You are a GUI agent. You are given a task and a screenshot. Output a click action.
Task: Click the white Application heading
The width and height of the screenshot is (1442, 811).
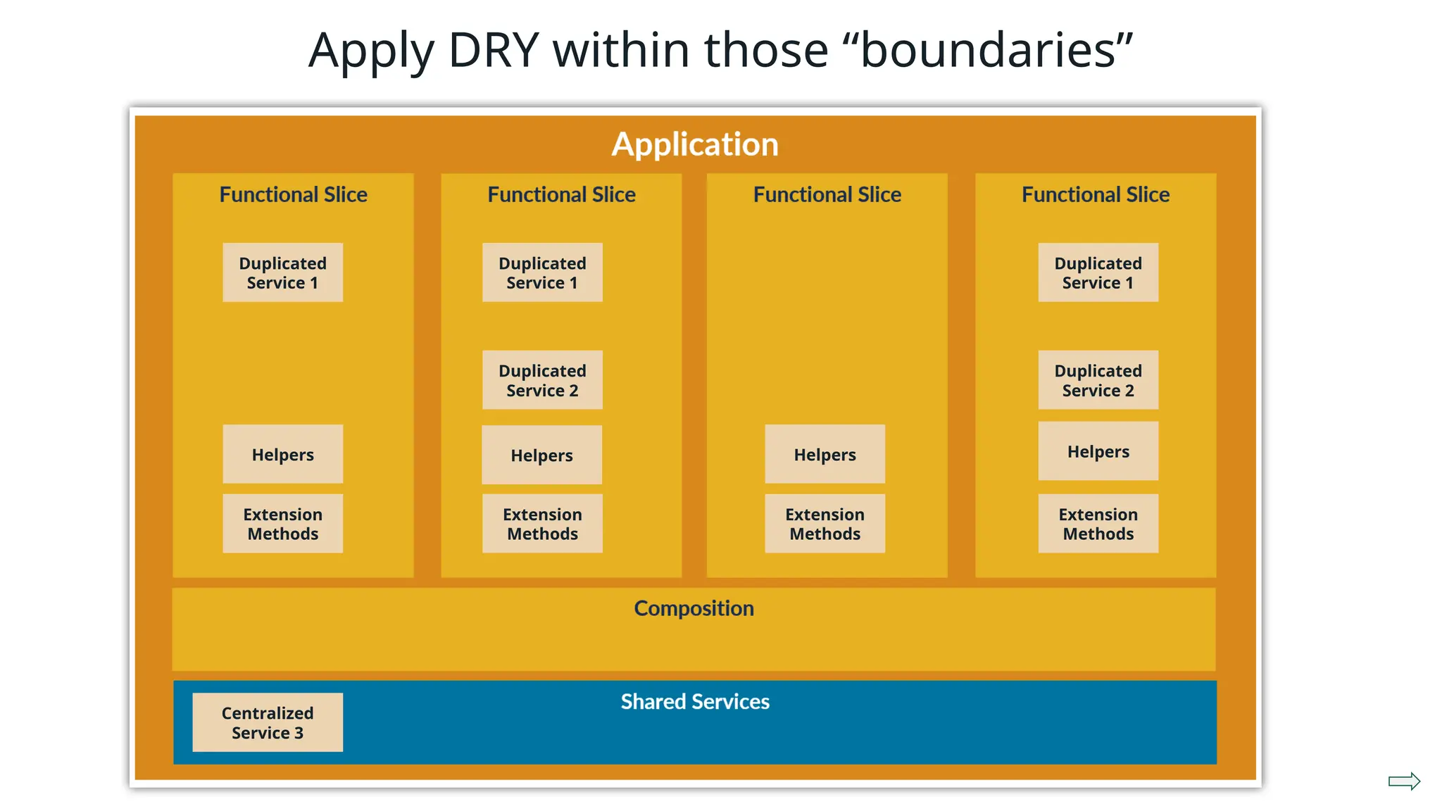click(x=695, y=144)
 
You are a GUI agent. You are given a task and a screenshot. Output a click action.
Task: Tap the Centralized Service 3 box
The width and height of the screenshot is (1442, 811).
click(x=268, y=722)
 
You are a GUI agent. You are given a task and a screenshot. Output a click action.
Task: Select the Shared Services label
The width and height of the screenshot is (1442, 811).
click(x=695, y=702)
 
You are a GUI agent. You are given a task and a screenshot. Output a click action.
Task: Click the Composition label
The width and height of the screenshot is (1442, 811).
click(x=694, y=608)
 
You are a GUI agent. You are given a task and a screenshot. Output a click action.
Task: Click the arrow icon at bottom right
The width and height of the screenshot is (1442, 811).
click(x=1404, y=781)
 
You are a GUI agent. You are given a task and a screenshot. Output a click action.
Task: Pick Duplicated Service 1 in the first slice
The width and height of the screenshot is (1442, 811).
click(x=283, y=272)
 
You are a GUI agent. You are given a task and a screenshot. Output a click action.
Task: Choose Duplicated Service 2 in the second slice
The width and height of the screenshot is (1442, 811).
click(x=542, y=380)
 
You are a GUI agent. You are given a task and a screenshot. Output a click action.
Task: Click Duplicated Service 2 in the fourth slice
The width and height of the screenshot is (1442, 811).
click(x=1098, y=380)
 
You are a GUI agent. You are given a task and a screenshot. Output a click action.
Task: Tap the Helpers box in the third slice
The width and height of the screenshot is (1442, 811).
click(x=825, y=454)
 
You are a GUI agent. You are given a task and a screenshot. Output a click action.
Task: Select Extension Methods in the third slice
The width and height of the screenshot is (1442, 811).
click(x=825, y=524)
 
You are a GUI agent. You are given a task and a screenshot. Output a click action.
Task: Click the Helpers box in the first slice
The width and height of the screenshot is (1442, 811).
click(x=283, y=454)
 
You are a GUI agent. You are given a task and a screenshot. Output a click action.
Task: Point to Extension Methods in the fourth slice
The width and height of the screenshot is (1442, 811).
click(x=1098, y=524)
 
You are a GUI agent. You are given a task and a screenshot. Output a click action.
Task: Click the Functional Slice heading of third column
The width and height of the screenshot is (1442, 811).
click(x=827, y=195)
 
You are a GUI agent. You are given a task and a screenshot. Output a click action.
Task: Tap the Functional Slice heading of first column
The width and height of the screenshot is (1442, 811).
click(x=293, y=195)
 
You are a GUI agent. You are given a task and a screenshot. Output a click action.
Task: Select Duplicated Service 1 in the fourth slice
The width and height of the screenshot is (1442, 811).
click(x=1098, y=272)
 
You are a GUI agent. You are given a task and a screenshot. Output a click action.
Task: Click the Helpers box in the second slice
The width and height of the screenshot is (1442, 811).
click(x=542, y=455)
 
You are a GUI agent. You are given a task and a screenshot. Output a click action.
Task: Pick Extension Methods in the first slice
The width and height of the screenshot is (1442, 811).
click(x=283, y=524)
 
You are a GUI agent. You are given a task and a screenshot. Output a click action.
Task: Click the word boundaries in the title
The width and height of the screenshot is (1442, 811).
click(x=988, y=51)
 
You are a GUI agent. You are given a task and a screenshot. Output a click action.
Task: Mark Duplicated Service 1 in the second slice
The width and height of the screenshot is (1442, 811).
click(x=542, y=272)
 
